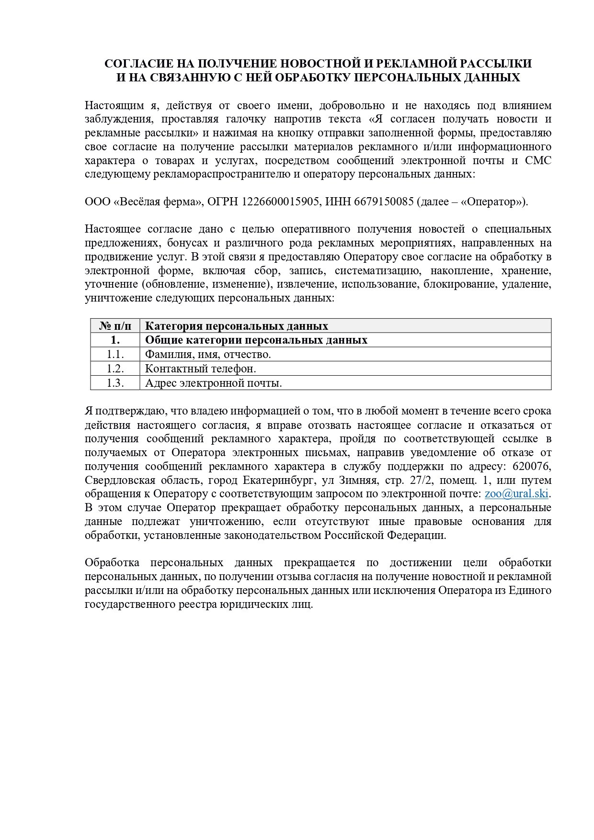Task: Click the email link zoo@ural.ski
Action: coord(516,494)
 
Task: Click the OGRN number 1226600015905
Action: coord(280,202)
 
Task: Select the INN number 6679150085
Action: coord(384,202)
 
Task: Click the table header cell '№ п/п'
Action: coord(115,326)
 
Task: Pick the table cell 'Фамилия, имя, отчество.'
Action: coord(208,354)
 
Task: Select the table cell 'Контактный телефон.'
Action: coord(200,369)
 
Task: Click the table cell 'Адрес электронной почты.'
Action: coord(213,383)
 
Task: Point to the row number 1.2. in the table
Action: coord(115,369)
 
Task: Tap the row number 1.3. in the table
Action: coord(115,383)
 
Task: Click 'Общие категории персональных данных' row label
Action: coord(256,340)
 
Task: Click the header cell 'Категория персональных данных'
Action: coord(236,326)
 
